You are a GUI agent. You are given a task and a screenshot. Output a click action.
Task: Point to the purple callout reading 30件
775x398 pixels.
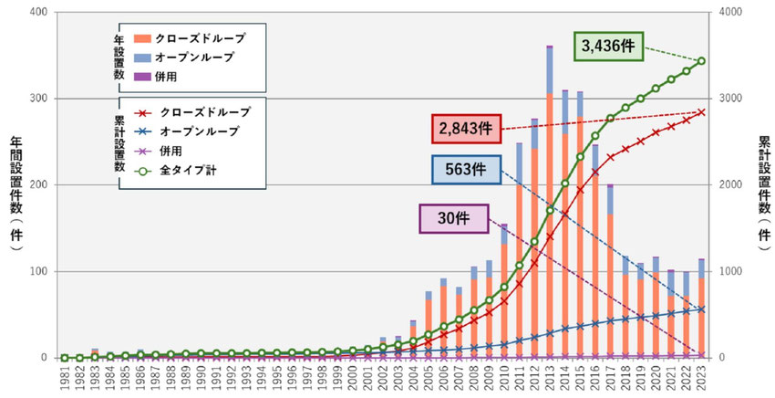tap(449, 219)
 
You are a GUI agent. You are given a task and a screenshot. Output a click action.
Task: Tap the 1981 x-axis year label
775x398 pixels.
tap(64, 379)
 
